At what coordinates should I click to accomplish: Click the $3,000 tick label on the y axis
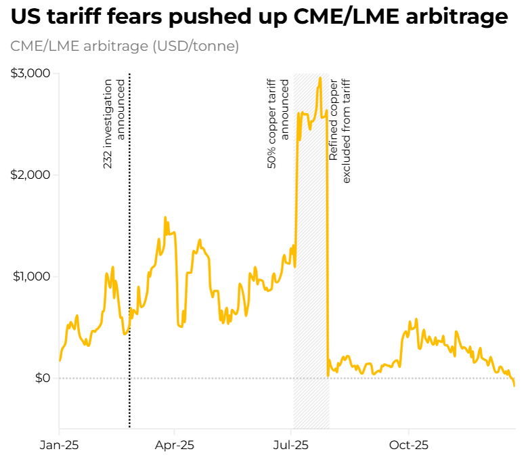(30, 73)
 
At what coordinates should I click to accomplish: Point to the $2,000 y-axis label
(30, 175)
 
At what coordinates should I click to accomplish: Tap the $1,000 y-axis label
(30, 276)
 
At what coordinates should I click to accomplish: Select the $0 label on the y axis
(42, 378)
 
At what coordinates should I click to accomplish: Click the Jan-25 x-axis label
(59, 445)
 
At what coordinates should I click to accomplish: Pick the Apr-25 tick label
(175, 445)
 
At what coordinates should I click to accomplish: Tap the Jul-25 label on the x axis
(292, 445)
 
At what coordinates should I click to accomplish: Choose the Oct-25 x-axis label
(409, 445)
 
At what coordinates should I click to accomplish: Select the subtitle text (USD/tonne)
(196, 47)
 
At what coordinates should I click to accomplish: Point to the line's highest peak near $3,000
(320, 78)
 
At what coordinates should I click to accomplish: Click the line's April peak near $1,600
(165, 217)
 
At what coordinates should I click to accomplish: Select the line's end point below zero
(514, 385)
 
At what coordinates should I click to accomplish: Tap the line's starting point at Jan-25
(60, 360)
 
